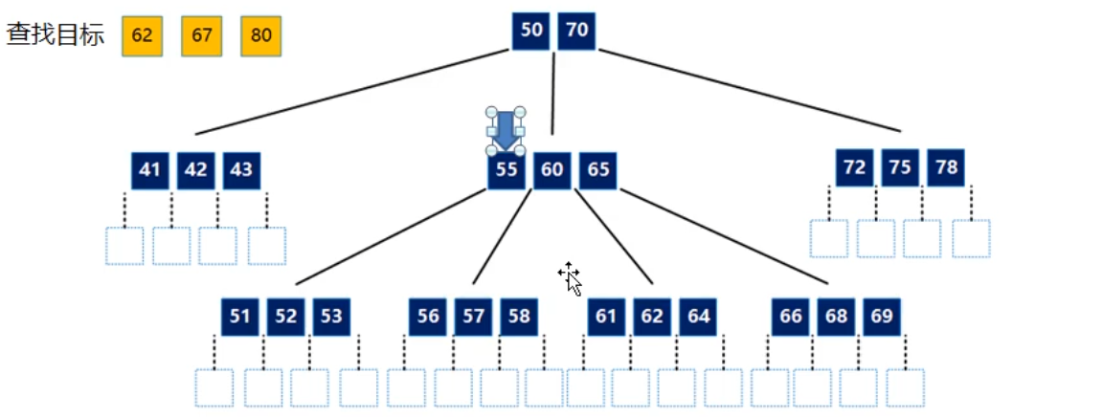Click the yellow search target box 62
click(x=142, y=36)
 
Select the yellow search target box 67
click(x=201, y=36)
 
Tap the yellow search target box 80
click(x=260, y=36)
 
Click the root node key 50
click(x=531, y=31)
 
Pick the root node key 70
click(x=576, y=31)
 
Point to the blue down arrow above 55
click(x=505, y=131)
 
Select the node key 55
click(x=506, y=170)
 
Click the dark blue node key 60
click(x=552, y=170)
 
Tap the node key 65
click(x=598, y=170)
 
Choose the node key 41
click(x=149, y=170)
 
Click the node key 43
click(x=242, y=170)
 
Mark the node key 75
click(x=900, y=167)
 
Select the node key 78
click(x=946, y=167)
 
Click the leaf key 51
click(x=239, y=317)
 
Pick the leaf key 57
click(x=473, y=317)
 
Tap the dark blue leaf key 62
click(x=652, y=317)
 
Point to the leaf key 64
click(x=699, y=317)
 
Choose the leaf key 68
click(x=837, y=317)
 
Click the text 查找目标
click(x=56, y=36)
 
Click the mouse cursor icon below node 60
click(x=571, y=278)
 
